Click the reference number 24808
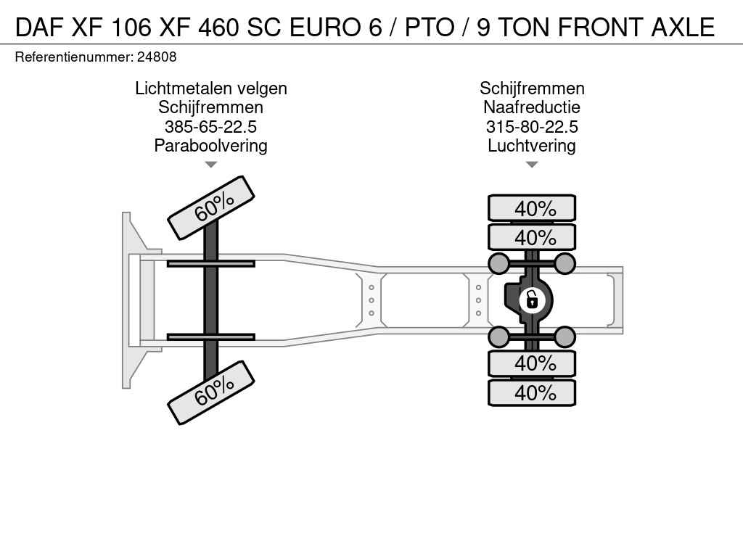pos(157,57)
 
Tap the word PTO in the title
pos(430,27)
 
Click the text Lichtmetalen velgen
pos(211,88)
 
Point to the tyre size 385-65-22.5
pos(211,127)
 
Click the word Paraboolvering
pos(211,146)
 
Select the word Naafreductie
pos(532,107)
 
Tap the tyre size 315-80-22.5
pos(532,127)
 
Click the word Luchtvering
pos(532,146)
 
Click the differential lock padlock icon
pos(532,300)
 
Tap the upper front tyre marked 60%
pos(211,208)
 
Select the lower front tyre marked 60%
pos(211,392)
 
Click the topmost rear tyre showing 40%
pos(532,208)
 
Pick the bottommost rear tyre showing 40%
pos(532,392)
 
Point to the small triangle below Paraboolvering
pos(211,165)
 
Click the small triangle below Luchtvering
pos(532,165)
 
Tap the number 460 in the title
pos(218,27)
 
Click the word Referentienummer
pos(75,57)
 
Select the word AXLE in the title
pos(683,27)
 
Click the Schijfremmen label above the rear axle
pos(532,88)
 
